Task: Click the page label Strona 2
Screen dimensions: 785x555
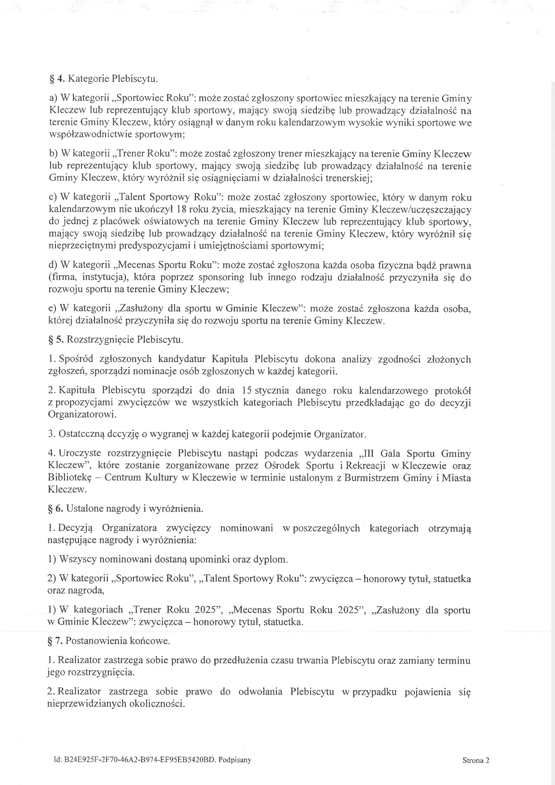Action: (476, 760)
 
